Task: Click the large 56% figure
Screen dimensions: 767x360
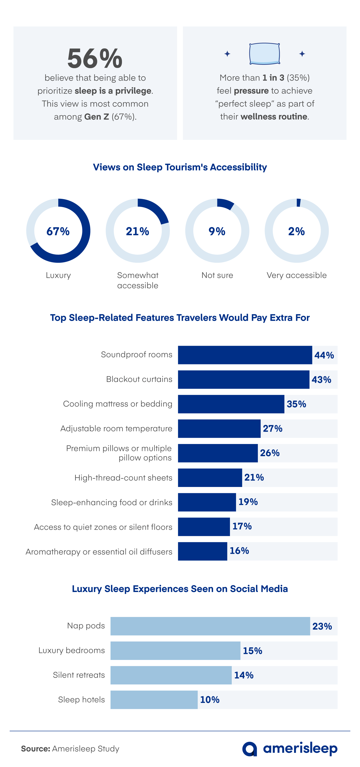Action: click(95, 58)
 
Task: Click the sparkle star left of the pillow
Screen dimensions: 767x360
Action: click(227, 54)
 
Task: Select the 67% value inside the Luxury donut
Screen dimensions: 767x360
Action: click(58, 231)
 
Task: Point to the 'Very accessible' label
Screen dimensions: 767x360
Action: click(297, 275)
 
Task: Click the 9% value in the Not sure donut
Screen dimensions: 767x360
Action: click(217, 231)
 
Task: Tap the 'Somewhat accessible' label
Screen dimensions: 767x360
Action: click(137, 280)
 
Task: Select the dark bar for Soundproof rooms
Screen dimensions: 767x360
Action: click(245, 355)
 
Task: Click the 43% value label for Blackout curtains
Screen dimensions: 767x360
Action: click(321, 380)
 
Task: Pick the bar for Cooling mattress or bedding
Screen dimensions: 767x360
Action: click(231, 404)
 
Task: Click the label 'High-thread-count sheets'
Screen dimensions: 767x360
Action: click(123, 478)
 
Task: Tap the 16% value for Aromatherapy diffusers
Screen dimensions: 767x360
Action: click(239, 551)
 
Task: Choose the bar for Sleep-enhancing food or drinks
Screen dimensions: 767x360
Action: click(207, 502)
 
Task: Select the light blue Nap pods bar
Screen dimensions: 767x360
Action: click(210, 626)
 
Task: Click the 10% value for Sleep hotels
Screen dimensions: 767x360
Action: click(210, 700)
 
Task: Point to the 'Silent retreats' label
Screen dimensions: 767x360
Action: click(79, 675)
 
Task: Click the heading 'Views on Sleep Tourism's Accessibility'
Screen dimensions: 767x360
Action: click(180, 167)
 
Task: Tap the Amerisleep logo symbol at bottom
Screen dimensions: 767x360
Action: click(249, 749)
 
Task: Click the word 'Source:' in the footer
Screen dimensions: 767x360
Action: click(35, 749)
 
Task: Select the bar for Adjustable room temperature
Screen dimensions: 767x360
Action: click(219, 428)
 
